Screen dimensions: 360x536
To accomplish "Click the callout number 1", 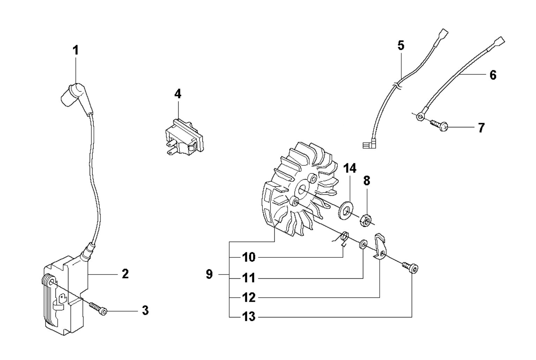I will pos(75,51).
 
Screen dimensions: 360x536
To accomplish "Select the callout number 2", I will pos(125,274).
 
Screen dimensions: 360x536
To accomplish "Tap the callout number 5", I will pos(401,45).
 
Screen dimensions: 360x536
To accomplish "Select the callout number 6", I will pos(493,75).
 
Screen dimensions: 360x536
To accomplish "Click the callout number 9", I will pos(209,275).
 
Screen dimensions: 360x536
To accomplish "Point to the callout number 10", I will pos(249,257).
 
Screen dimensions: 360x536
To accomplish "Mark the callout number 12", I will pos(249,298).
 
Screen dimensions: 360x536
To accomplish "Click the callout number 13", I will pos(249,317).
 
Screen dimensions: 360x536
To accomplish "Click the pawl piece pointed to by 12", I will pos(381,248).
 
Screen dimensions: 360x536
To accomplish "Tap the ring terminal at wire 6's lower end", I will pos(420,117).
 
